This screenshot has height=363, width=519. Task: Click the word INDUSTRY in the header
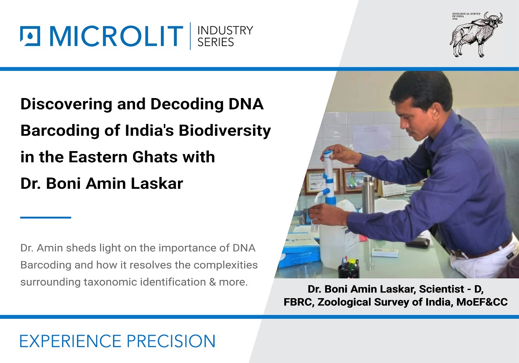225,30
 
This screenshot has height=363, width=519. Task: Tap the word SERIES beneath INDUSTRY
215,42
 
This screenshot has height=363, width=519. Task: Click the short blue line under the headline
45,218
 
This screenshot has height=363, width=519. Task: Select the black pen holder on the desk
348,269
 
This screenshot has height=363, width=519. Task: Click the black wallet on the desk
418,242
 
